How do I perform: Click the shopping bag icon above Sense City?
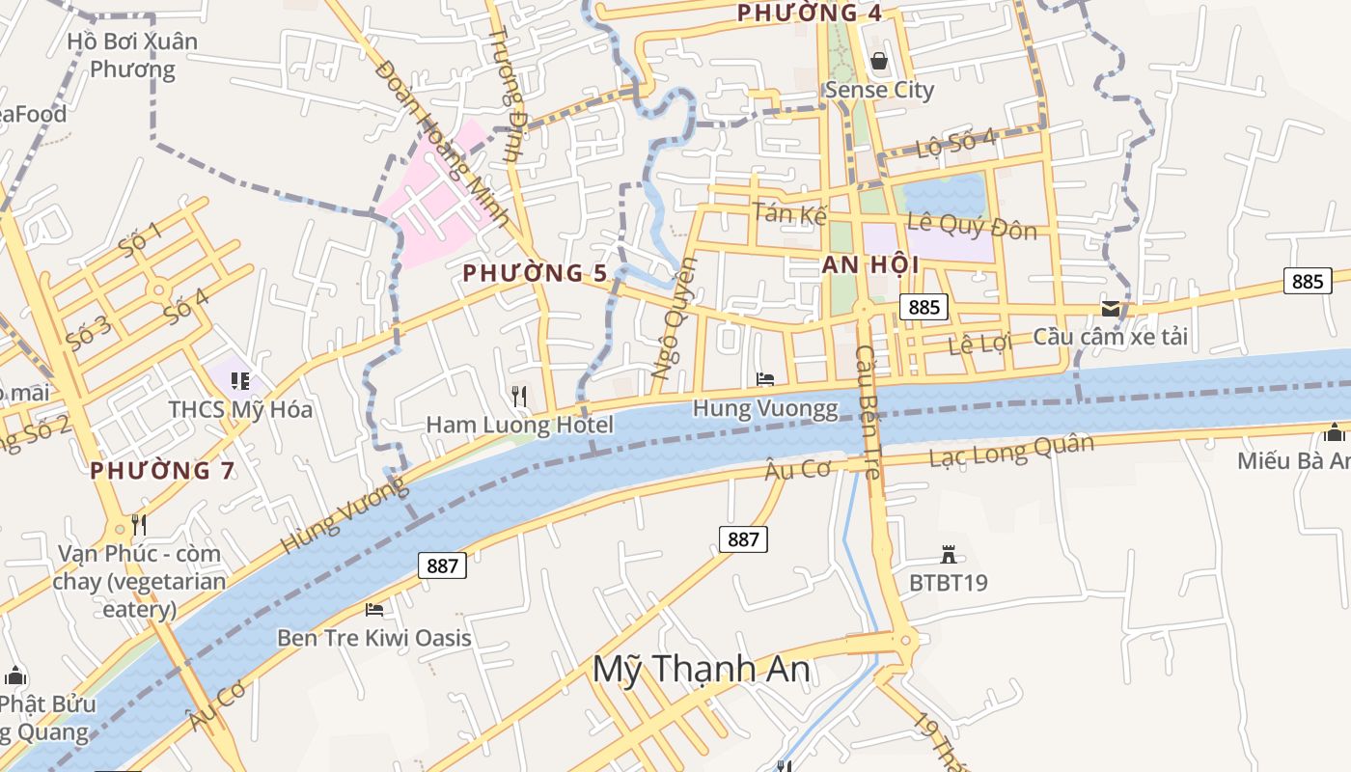pyautogui.click(x=879, y=62)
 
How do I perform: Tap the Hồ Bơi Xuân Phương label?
pyautogui.click(x=132, y=55)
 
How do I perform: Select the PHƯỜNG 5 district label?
pyautogui.click(x=535, y=273)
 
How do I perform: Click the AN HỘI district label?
pyautogui.click(x=870, y=265)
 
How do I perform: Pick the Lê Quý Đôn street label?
pyautogui.click(x=972, y=227)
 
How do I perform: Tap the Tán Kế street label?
pyautogui.click(x=790, y=213)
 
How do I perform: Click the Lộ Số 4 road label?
pyautogui.click(x=956, y=145)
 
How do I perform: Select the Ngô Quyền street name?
pyautogui.click(x=674, y=317)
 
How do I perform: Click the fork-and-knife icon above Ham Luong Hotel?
pyautogui.click(x=519, y=396)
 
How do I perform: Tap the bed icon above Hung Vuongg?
pyautogui.click(x=765, y=379)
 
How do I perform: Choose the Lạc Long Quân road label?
pyautogui.click(x=1011, y=450)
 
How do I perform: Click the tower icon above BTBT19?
pyautogui.click(x=949, y=555)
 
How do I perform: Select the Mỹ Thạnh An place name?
pyautogui.click(x=701, y=669)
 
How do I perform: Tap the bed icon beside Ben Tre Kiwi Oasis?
pyautogui.click(x=374, y=609)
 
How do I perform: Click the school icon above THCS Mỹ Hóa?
pyautogui.click(x=240, y=381)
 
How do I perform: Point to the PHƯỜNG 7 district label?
pyautogui.click(x=162, y=471)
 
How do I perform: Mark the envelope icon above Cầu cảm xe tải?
pyautogui.click(x=1111, y=309)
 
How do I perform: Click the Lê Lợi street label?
pyautogui.click(x=976, y=345)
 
